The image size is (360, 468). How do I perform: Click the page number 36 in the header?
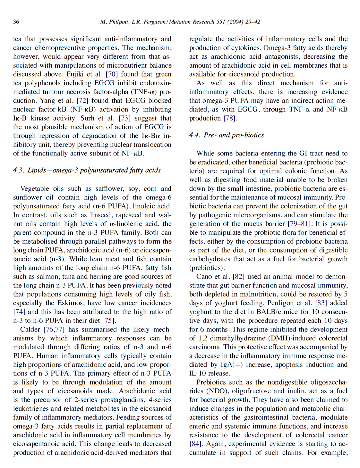[x=16, y=22]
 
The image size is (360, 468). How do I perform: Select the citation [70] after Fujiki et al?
[x=112, y=74]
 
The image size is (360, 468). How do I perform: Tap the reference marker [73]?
[x=124, y=118]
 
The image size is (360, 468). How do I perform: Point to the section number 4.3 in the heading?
[x=18, y=170]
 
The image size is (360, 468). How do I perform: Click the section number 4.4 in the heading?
[x=194, y=135]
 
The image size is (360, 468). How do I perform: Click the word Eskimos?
[x=71, y=303]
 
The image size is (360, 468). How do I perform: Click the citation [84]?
[x=195, y=444]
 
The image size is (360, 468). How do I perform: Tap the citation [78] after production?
[x=230, y=118]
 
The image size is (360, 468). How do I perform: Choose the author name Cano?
[x=204, y=277]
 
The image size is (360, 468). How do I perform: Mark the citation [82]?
[x=238, y=277]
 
